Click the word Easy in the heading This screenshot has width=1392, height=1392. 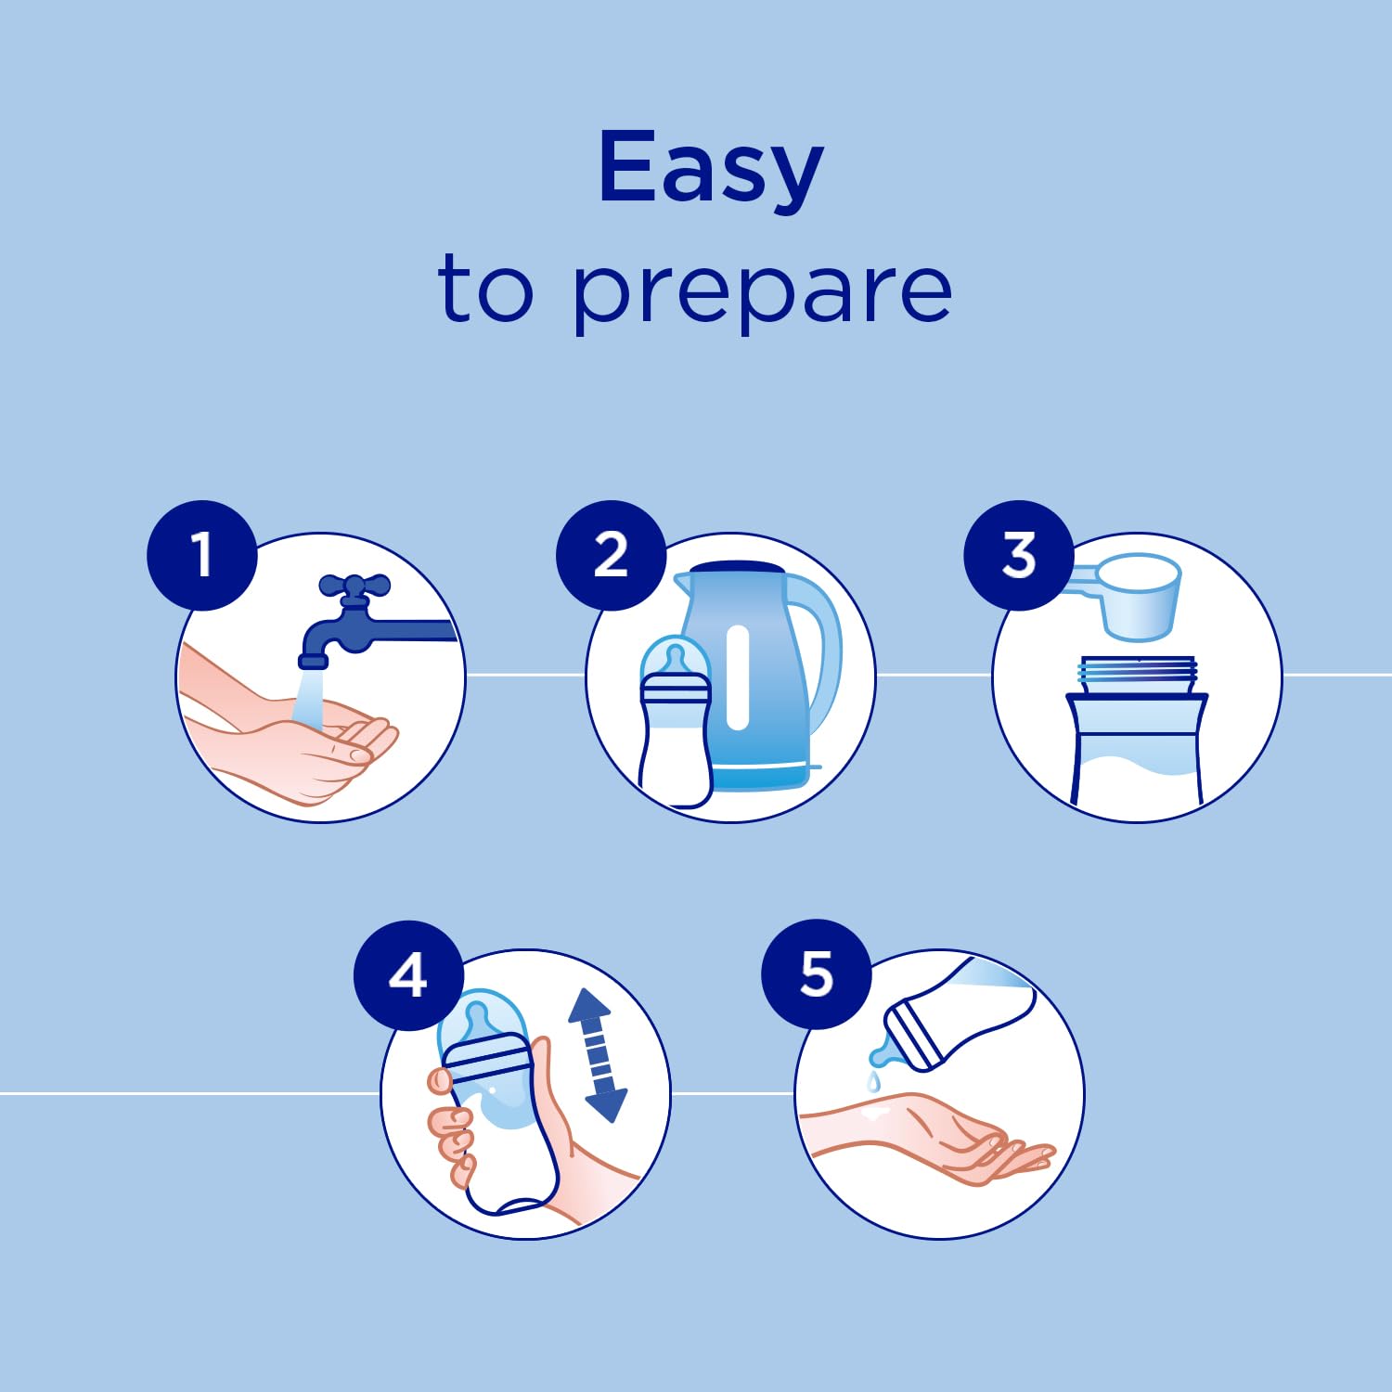tap(711, 169)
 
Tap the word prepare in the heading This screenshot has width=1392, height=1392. tap(762, 291)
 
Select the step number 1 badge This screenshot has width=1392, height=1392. tap(201, 555)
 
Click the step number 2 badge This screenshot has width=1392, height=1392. tap(611, 555)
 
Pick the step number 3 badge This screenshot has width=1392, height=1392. tap(1018, 555)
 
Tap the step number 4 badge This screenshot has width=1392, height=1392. tap(408, 974)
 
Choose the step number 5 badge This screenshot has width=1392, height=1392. tap(817, 974)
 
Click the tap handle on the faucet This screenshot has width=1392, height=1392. tap(354, 586)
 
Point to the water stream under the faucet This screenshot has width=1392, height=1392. tap(308, 696)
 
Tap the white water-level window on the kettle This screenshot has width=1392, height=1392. tap(738, 677)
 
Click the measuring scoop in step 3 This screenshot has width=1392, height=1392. tap(1128, 596)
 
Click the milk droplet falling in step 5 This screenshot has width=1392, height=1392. tap(872, 1082)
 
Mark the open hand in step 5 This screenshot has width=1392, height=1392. tap(928, 1137)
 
